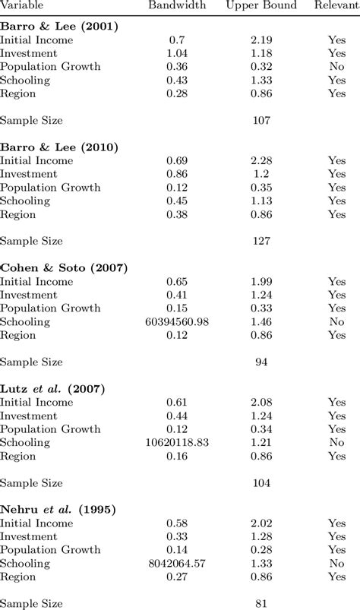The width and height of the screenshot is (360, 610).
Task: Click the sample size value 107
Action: (x=261, y=120)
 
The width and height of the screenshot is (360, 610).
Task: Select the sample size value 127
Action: (x=261, y=241)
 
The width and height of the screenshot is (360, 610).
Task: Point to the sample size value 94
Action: (x=261, y=362)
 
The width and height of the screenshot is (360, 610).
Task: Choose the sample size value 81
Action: (x=261, y=603)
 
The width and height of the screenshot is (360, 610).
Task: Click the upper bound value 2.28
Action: (x=261, y=160)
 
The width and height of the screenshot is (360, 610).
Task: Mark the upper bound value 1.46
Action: (x=261, y=321)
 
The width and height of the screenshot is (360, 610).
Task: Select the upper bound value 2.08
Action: (x=261, y=402)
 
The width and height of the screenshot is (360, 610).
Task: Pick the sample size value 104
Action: (x=261, y=482)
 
